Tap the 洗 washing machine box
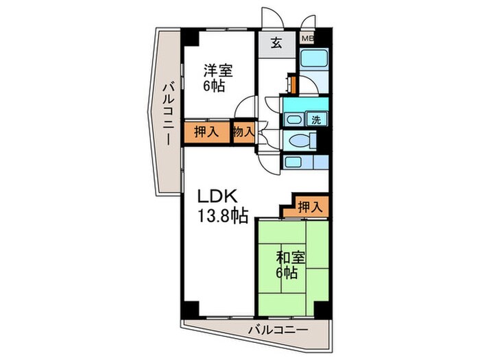(317, 119)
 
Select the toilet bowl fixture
(300, 141)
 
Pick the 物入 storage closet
(243, 131)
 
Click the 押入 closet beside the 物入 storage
(206, 132)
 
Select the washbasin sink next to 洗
(293, 119)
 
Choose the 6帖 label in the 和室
(287, 274)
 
